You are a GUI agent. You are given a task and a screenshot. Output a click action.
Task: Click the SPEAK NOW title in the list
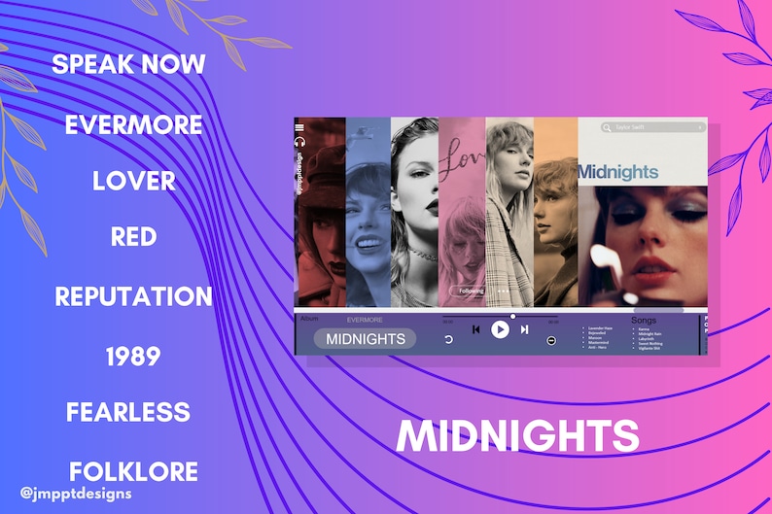tap(128, 65)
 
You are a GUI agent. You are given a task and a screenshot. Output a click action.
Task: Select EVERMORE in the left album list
tap(134, 125)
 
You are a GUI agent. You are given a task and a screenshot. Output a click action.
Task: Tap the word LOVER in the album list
tap(134, 181)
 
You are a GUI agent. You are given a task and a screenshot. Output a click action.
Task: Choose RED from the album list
tap(134, 237)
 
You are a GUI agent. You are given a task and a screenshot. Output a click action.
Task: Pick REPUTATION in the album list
tap(133, 296)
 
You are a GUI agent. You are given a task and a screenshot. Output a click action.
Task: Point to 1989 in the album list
tap(133, 357)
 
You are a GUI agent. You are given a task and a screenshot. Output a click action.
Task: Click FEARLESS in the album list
tap(128, 412)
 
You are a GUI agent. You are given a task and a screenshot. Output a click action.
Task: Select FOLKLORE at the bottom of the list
tap(133, 472)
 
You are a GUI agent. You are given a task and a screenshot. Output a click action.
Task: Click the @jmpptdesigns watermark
tap(75, 494)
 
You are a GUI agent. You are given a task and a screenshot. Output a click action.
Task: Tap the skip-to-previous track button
tap(475, 329)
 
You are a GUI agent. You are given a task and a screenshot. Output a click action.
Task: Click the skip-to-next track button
tap(524, 329)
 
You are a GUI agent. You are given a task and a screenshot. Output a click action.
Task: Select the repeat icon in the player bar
tap(448, 340)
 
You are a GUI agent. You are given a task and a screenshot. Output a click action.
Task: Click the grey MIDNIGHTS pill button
tap(365, 339)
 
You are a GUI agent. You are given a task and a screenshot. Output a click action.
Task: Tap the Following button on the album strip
tap(472, 290)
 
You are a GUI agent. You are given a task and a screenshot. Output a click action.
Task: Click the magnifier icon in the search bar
tap(607, 127)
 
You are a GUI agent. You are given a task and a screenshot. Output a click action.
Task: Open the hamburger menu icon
tap(299, 127)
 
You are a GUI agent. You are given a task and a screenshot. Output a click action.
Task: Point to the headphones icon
tap(299, 141)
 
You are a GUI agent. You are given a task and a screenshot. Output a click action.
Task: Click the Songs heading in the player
tap(644, 320)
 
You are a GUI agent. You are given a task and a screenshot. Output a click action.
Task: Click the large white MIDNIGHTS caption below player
tap(518, 436)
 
